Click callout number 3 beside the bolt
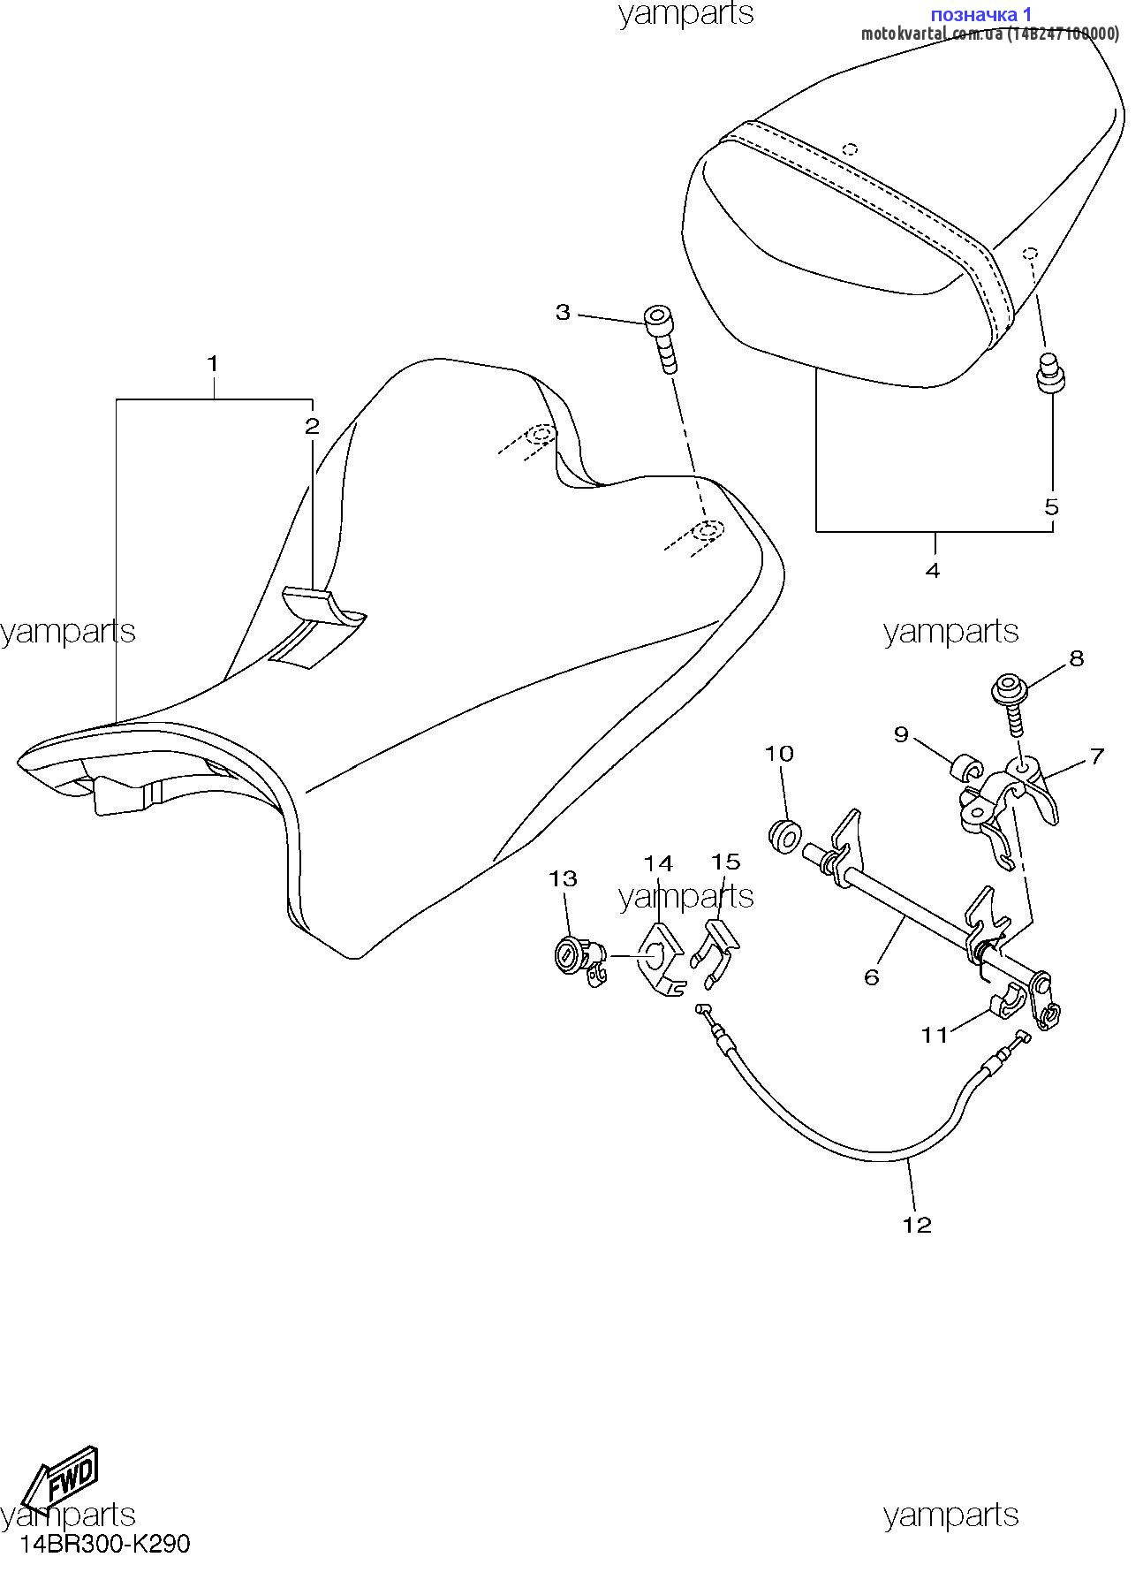point(563,312)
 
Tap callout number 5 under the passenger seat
point(1051,507)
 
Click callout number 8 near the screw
point(1076,658)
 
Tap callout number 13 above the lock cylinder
point(563,878)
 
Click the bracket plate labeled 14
point(661,959)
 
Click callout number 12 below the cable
point(917,1225)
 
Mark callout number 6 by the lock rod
point(871,976)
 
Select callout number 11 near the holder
point(935,1035)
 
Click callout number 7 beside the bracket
point(1096,756)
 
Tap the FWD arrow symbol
point(60,1477)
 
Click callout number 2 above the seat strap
point(312,427)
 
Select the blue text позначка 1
point(981,14)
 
